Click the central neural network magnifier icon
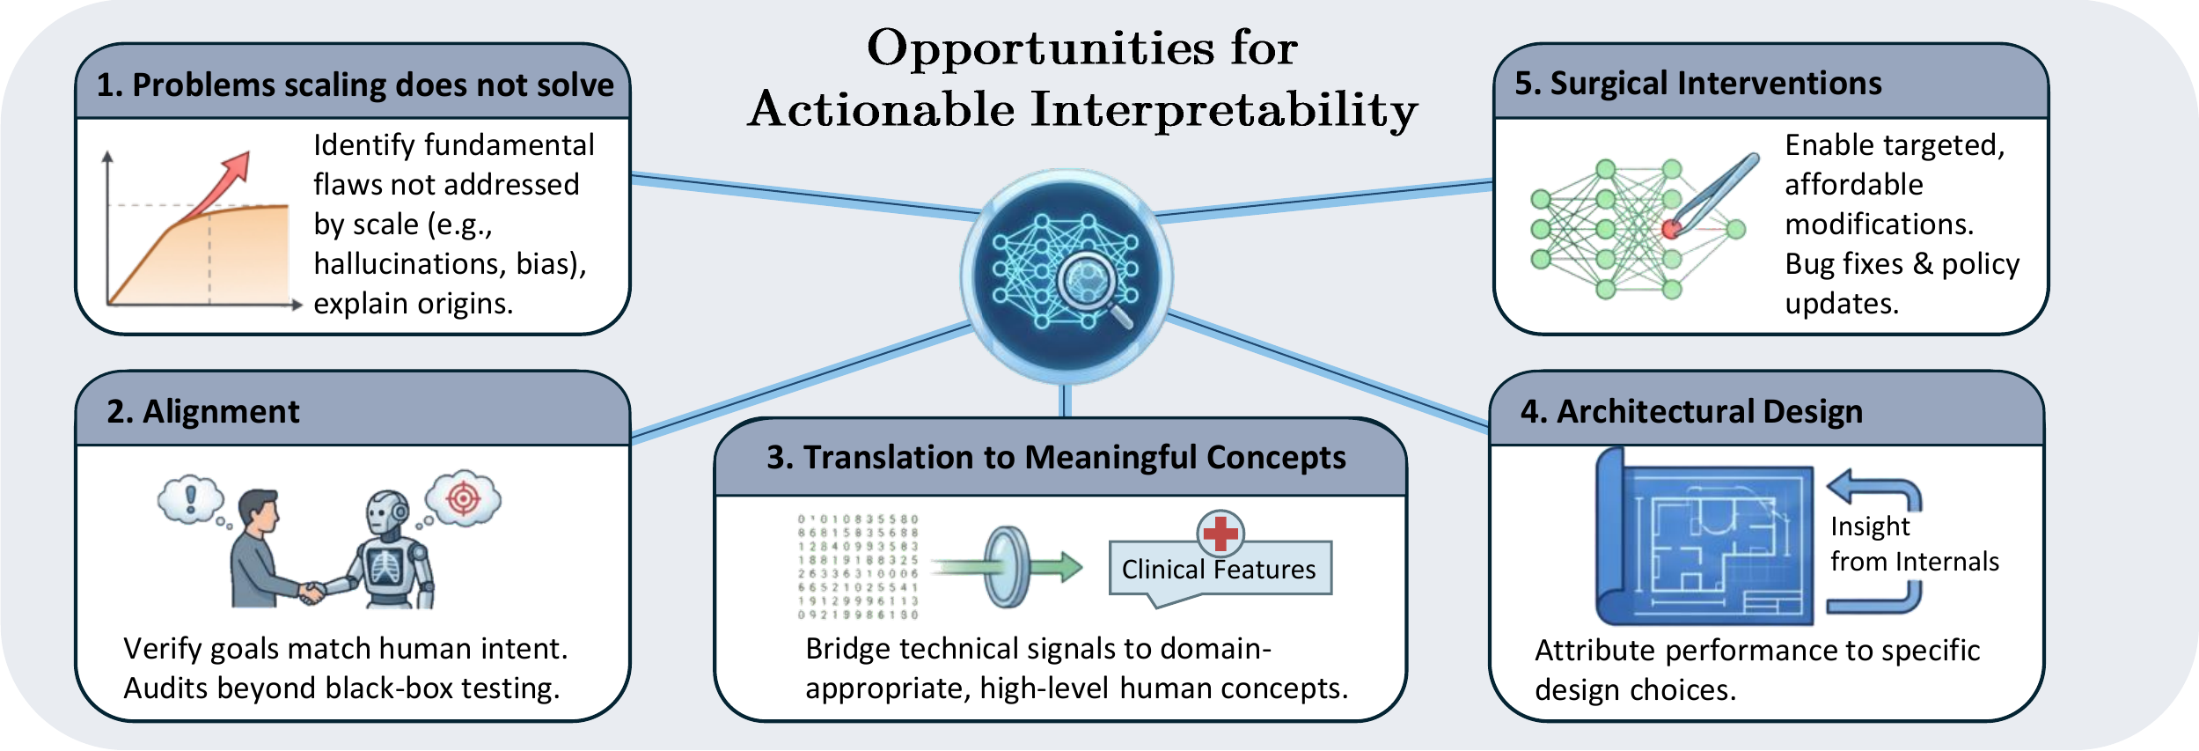[1066, 276]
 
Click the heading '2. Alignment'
[203, 412]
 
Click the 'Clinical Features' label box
[1219, 570]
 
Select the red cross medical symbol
[1220, 533]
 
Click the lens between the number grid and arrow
[1007, 567]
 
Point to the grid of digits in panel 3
[858, 567]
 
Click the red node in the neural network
[1671, 230]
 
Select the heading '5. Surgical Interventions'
[1697, 84]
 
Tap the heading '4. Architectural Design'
[1691, 412]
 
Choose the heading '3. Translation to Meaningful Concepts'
[1056, 458]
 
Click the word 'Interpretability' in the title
[1224, 110]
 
